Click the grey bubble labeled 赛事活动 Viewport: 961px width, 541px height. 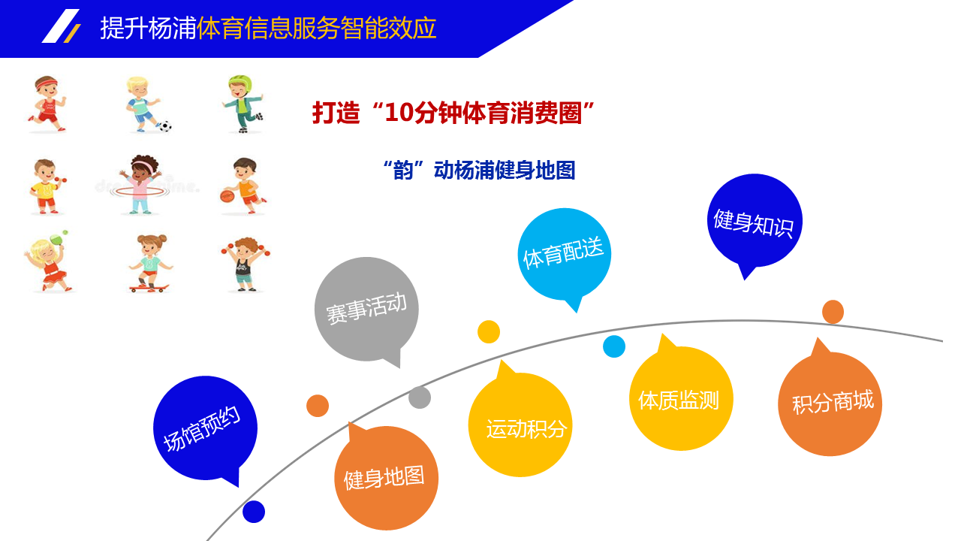click(366, 309)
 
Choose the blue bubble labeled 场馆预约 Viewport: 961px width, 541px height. click(205, 428)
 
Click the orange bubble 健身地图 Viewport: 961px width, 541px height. click(386, 477)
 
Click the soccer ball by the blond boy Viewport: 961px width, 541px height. click(165, 126)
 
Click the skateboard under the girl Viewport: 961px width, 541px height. click(149, 288)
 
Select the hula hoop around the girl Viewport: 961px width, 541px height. click(140, 192)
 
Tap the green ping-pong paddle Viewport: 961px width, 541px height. click(56, 238)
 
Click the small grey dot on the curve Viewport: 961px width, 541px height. click(420, 397)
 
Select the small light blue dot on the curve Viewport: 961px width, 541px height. click(614, 346)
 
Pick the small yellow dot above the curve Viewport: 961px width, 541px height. click(489, 332)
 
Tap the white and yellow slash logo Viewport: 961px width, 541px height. click(62, 26)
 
